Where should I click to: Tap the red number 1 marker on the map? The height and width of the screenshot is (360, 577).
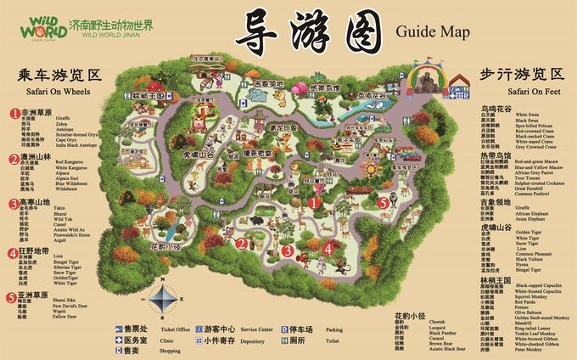tap(313, 203)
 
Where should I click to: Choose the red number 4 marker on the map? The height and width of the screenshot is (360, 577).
tap(328, 249)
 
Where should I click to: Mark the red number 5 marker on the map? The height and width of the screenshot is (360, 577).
tap(384, 203)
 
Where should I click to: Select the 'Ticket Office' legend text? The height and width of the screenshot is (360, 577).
tap(175, 329)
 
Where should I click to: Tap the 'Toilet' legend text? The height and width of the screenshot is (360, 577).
tap(333, 340)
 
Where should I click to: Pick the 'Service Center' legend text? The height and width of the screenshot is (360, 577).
tap(256, 329)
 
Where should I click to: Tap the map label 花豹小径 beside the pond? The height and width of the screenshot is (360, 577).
tap(166, 246)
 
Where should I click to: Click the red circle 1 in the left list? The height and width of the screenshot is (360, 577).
tap(14, 112)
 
